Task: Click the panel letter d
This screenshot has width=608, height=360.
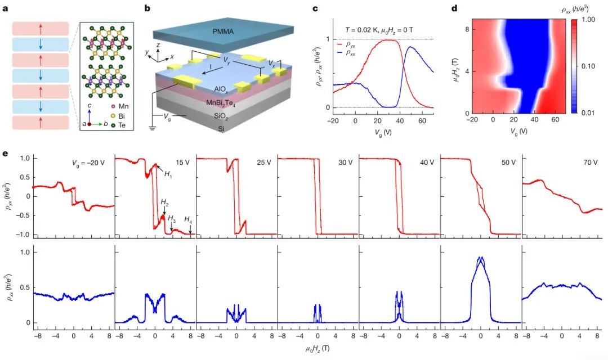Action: tap(455, 9)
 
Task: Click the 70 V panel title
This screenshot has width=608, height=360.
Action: tap(588, 163)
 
